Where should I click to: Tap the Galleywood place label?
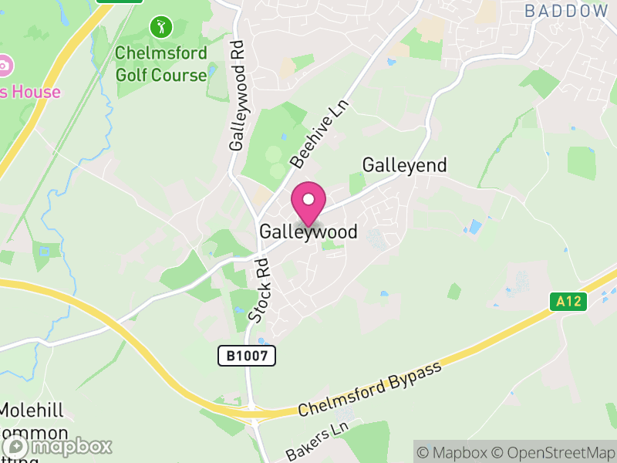[308, 231]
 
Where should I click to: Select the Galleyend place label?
[404, 166]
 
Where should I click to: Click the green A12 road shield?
[569, 302]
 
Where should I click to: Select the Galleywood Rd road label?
[238, 95]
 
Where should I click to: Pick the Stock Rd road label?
[260, 289]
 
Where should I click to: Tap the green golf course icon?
[161, 28]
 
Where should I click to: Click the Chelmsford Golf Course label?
[161, 64]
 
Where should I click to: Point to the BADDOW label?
[566, 11]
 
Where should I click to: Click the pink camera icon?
[3, 65]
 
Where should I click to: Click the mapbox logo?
[58, 446]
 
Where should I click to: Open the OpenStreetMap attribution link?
[555, 451]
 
